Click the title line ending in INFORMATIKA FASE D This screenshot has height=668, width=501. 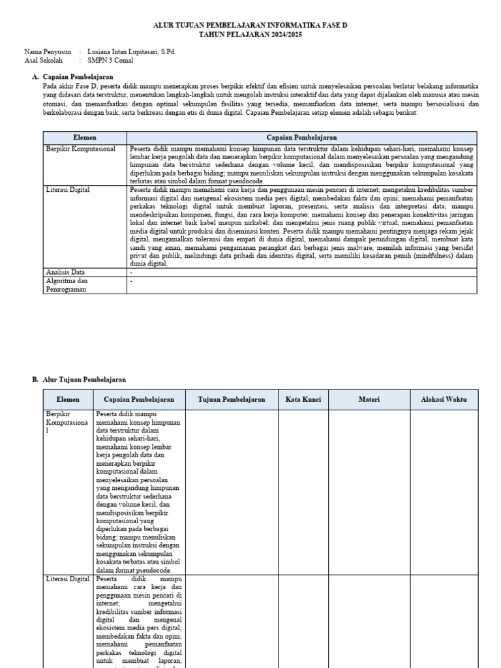pos(250,24)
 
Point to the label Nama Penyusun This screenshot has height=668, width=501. pos(48,52)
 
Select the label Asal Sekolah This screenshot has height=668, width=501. pos(43,60)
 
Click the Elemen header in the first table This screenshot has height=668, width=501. pos(85,138)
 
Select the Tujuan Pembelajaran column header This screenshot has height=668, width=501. pos(232,399)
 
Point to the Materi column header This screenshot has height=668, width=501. pos(369,399)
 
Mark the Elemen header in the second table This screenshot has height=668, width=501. pos(68,399)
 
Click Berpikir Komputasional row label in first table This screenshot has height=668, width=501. pos(80,149)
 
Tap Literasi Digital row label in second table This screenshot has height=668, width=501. pos(68,579)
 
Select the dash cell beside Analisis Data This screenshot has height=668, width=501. pos(131,272)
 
